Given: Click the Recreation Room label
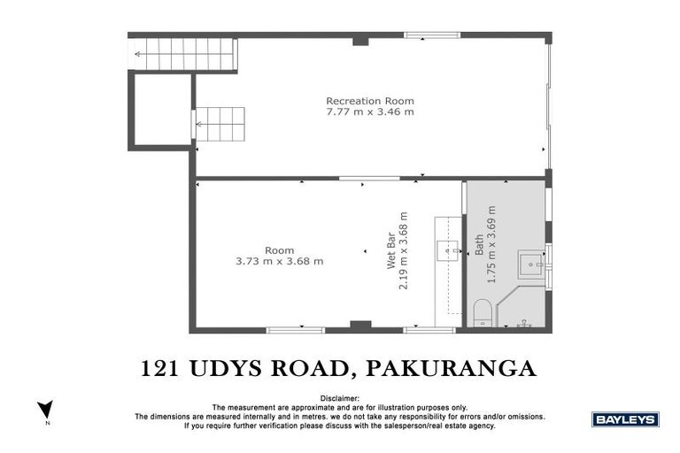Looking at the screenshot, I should pos(369,100).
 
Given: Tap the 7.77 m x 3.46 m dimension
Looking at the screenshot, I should pos(369,112).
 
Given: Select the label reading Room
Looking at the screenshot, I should pos(279,250).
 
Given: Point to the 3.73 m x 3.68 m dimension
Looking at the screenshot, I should pos(279,262).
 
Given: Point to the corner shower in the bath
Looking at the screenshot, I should pos(522,310).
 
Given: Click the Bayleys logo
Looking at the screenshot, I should pos(624,419).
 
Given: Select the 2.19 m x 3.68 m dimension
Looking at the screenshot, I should pos(403,252).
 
